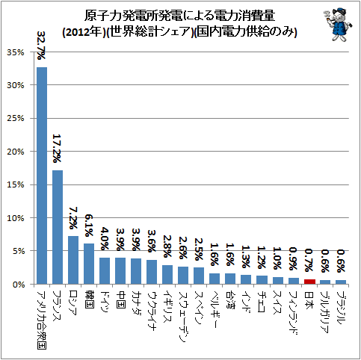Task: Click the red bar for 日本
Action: (309, 282)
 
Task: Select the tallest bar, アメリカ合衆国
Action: (42, 176)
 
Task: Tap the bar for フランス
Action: (58, 227)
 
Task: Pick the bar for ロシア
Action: (73, 260)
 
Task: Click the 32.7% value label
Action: (41, 45)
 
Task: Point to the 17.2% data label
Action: (57, 149)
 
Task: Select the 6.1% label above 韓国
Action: (88, 225)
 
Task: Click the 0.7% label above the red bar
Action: (309, 261)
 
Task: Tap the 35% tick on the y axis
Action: (16, 52)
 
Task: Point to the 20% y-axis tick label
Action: (16, 152)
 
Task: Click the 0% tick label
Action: (18, 285)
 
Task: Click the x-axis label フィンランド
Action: (293, 313)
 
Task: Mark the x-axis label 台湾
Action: (230, 300)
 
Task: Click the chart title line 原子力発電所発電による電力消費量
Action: (179, 16)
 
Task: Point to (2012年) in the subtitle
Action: (84, 32)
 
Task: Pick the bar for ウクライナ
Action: (152, 272)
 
